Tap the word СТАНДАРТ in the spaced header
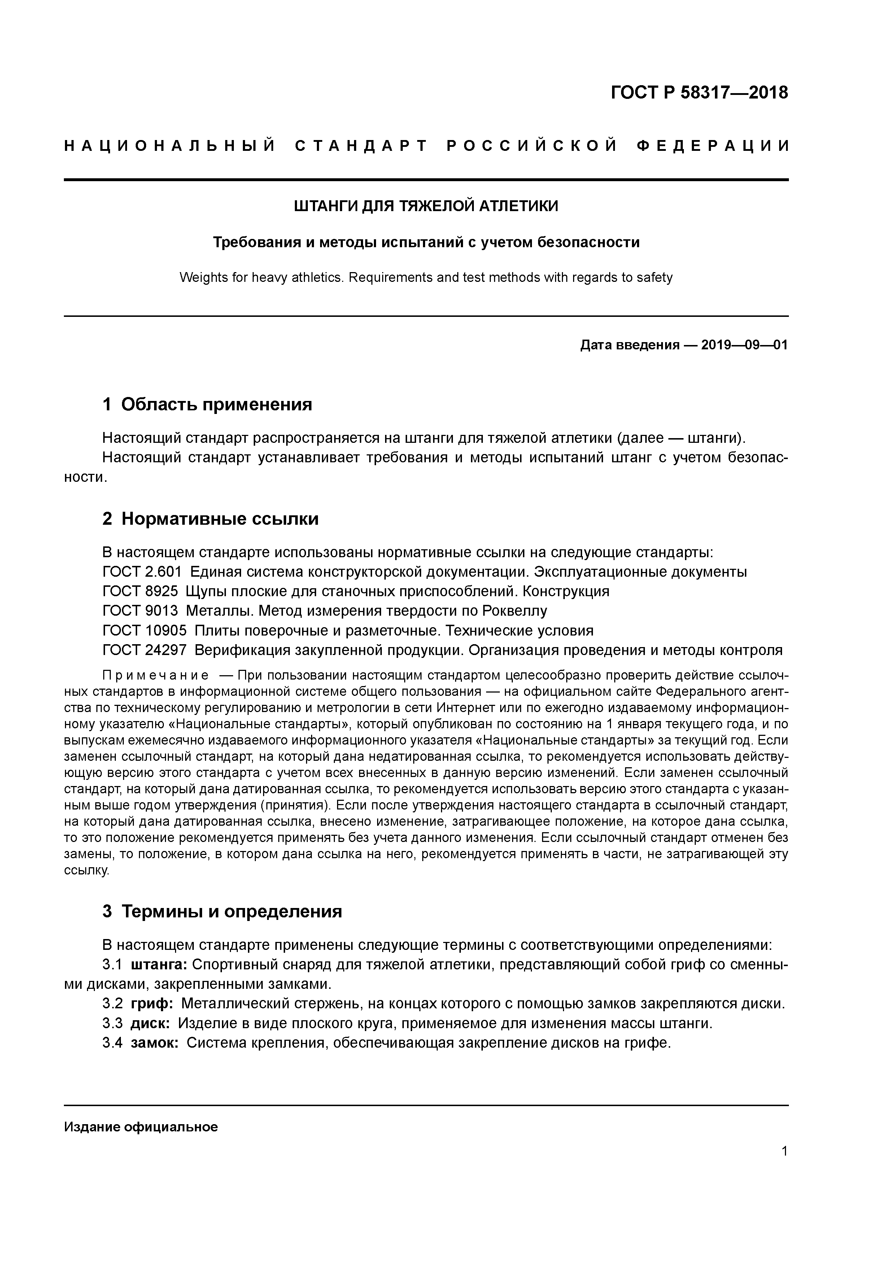[361, 146]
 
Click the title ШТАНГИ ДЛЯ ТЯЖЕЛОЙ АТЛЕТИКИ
[426, 206]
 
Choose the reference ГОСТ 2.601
[142, 572]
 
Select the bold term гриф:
[152, 1004]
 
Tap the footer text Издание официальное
[141, 1127]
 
